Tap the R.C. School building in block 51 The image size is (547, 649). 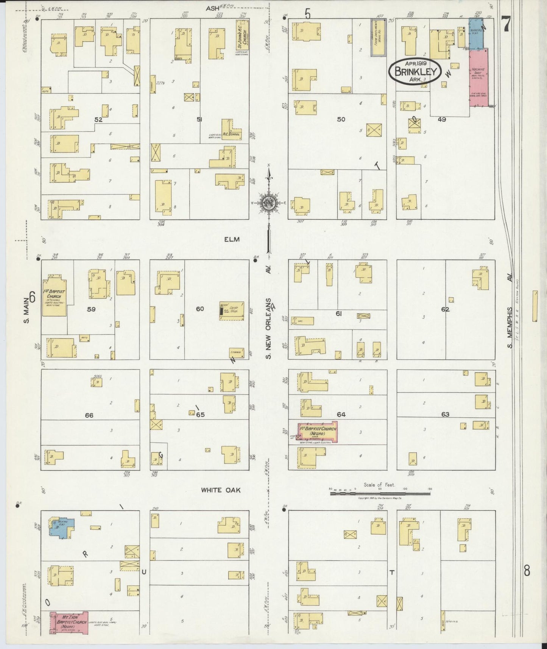231,130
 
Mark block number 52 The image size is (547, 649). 98,119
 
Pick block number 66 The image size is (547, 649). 89,415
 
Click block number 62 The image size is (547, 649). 445,309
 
